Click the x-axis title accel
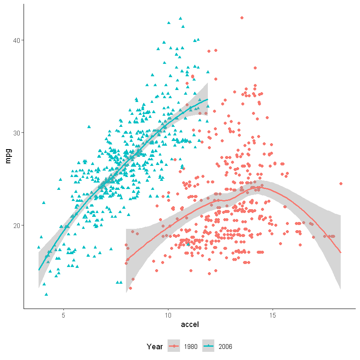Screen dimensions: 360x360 (190, 325)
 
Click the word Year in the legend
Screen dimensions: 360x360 (154, 346)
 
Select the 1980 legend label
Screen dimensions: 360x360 (191, 346)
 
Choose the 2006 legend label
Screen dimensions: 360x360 (225, 346)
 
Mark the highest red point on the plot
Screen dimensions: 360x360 (242, 18)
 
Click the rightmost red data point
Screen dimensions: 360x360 (341, 183)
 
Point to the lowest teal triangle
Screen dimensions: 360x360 (46, 294)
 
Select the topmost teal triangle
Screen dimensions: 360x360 (180, 18)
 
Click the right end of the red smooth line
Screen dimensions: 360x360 (341, 252)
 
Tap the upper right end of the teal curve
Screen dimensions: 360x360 (208, 99)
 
